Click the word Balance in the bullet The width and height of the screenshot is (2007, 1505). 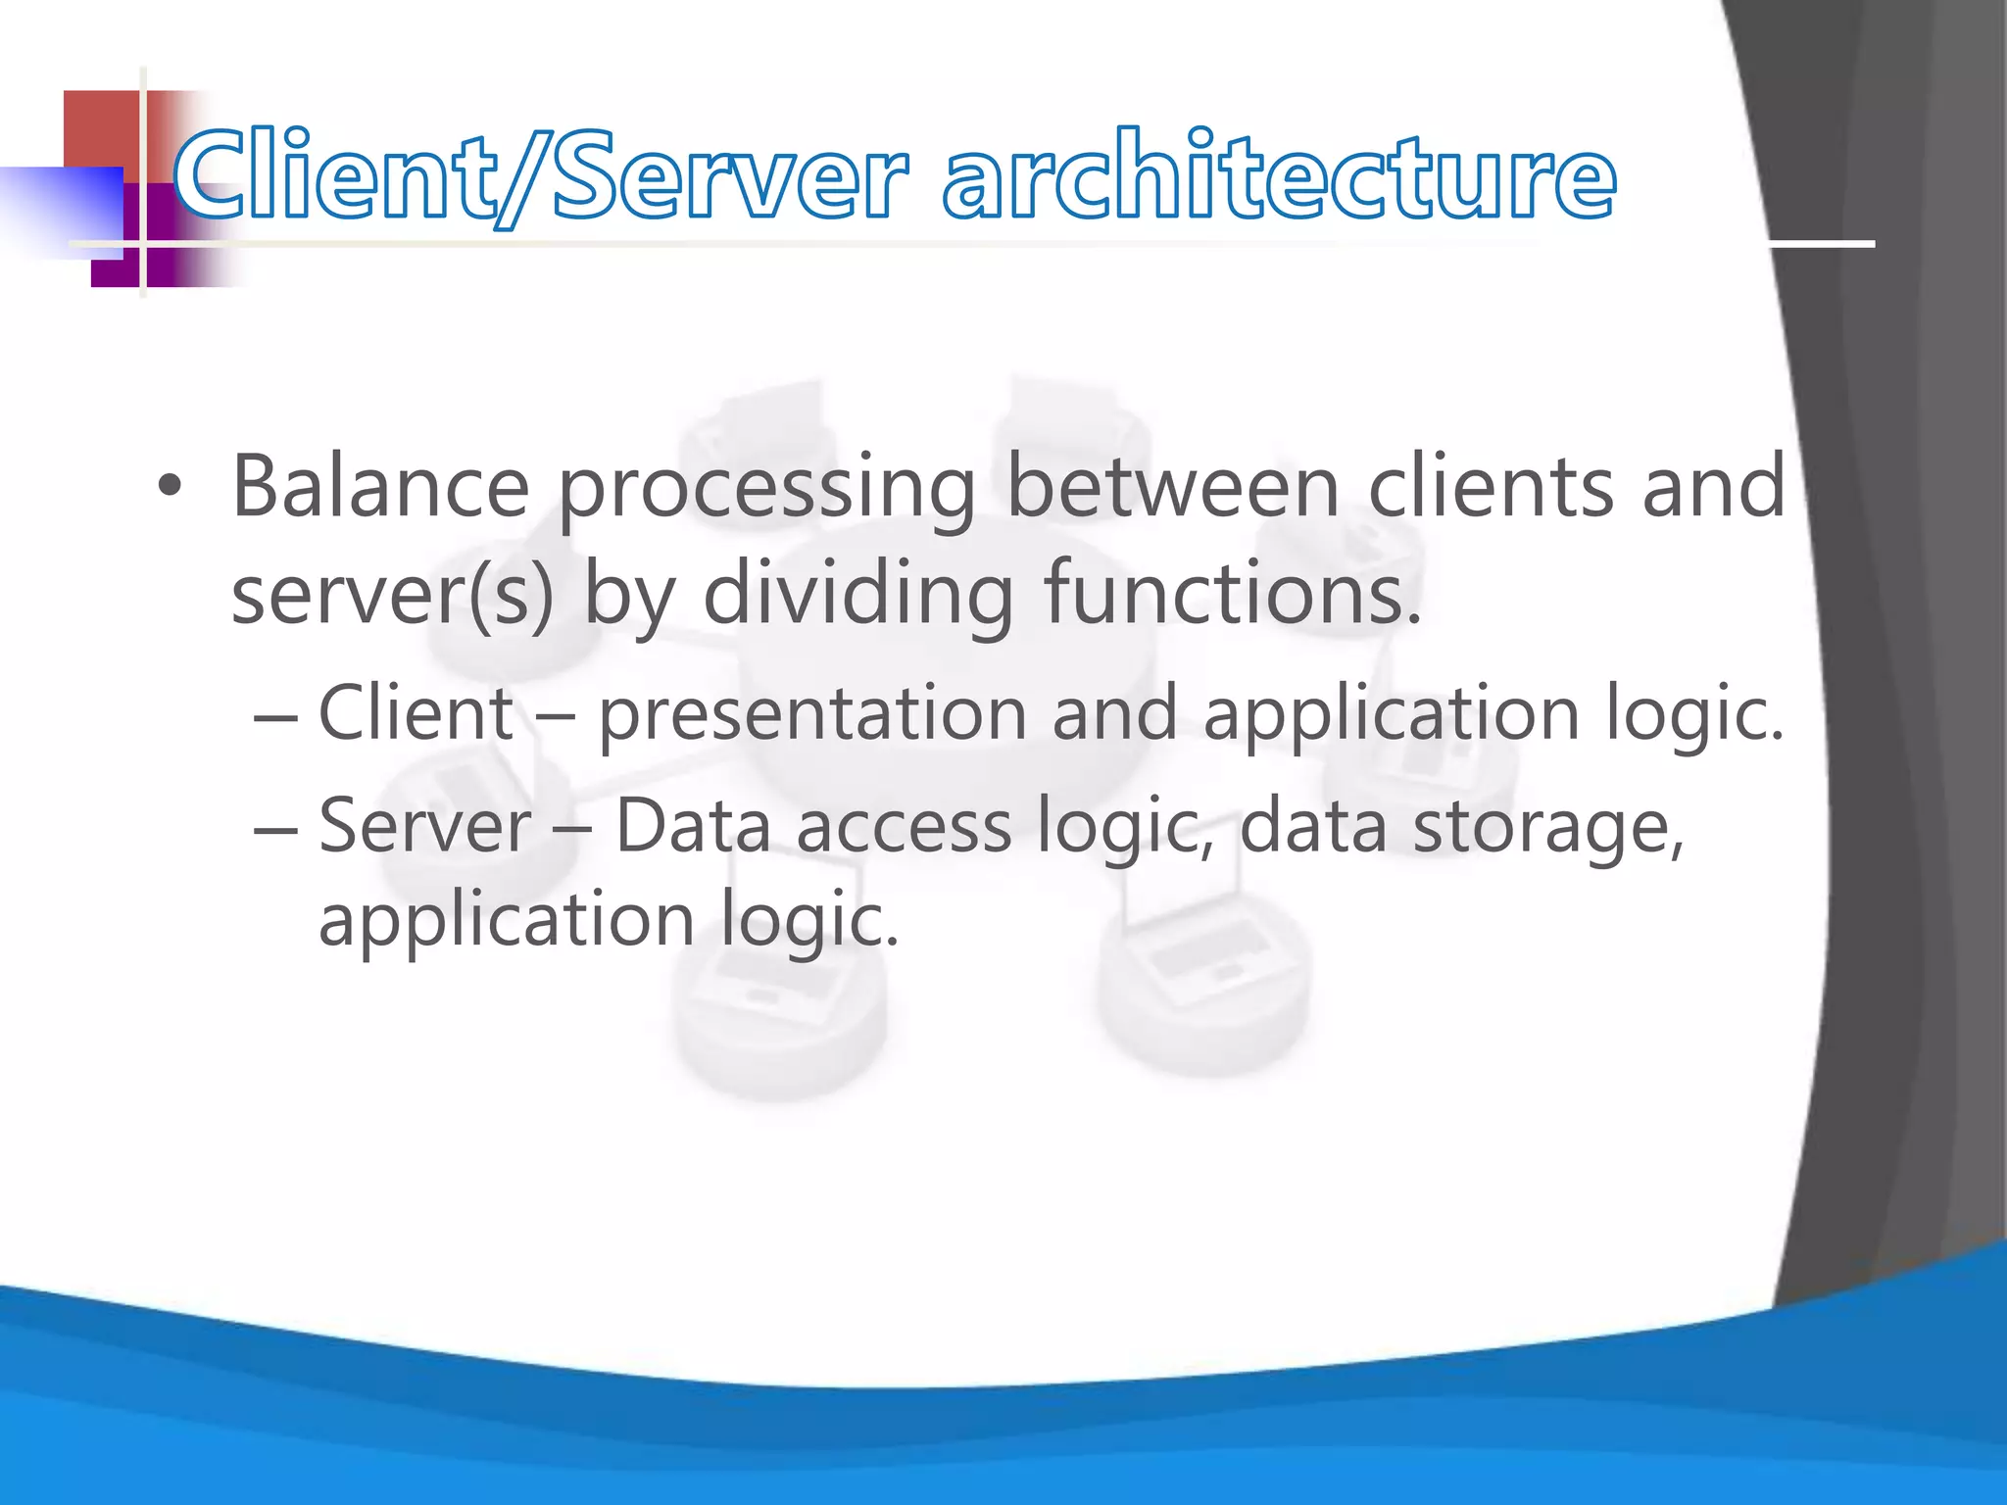tap(380, 487)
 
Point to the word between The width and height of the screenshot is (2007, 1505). tap(1172, 487)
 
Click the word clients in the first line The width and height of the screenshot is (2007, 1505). tap(1490, 487)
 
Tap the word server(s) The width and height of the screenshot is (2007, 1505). tap(392, 595)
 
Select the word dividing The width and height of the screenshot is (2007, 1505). tap(857, 595)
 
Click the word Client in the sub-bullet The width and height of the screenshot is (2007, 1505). tap(416, 713)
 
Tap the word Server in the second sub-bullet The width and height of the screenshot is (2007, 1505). tap(424, 826)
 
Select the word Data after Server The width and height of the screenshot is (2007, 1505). tap(693, 826)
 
